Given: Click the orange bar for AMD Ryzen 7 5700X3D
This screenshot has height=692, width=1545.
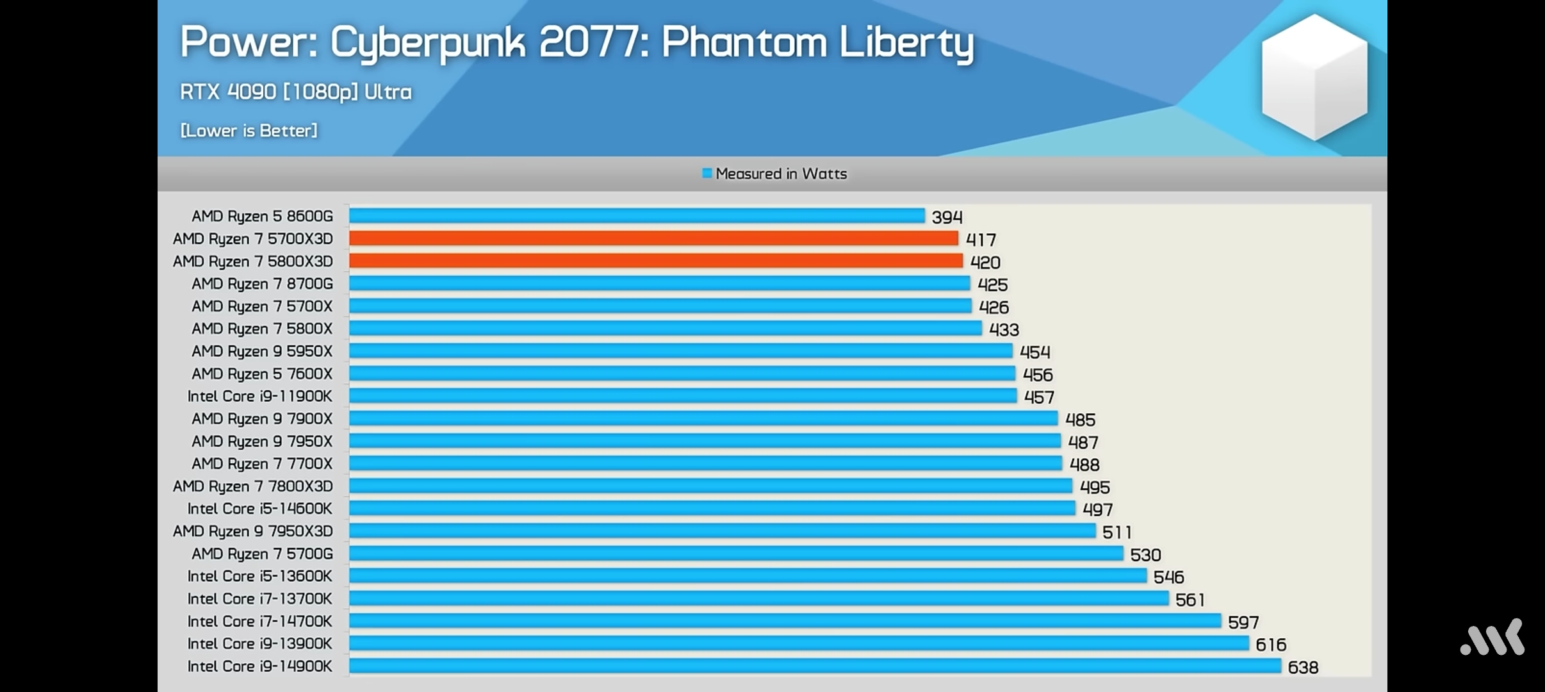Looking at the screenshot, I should tap(653, 238).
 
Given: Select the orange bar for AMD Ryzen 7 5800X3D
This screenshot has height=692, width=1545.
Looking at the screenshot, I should tap(655, 261).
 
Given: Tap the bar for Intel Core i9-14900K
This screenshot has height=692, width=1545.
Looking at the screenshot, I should tap(815, 666).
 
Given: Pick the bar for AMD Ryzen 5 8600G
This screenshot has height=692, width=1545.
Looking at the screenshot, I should tap(637, 216).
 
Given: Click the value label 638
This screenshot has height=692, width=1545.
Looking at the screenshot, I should tap(1303, 668).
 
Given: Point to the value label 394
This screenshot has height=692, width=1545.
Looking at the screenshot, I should tap(947, 217).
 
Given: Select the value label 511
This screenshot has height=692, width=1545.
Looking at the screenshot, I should tap(1116, 532).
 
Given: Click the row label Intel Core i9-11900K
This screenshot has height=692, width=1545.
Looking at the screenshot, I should tap(260, 396).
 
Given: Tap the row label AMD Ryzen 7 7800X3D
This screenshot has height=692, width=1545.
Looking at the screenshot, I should tap(253, 486).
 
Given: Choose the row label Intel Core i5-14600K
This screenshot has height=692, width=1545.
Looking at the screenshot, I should tap(260, 509).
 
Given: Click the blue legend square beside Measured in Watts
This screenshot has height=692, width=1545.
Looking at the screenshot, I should tap(707, 173).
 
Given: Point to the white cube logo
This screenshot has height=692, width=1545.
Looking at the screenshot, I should tap(1314, 77).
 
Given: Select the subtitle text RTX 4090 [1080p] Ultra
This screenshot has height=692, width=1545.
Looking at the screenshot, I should tap(296, 92).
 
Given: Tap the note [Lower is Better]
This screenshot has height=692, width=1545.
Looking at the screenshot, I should tap(249, 131).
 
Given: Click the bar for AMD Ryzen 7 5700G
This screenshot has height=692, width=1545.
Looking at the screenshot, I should tap(736, 554).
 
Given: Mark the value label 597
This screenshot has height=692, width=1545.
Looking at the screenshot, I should tap(1243, 622).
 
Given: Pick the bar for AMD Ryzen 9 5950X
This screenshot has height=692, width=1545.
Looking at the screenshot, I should tap(680, 351).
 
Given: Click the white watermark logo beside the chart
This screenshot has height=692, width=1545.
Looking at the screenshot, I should tap(1492, 637).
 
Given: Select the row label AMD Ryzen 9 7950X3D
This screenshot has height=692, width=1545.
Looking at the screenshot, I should tap(253, 531).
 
